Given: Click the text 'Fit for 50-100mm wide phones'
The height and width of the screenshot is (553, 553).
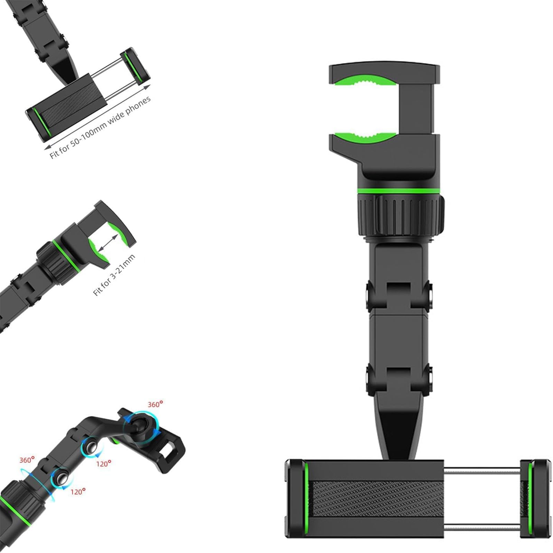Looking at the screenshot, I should coord(100,127).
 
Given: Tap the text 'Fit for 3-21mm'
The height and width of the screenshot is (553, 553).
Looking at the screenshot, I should coord(114,275).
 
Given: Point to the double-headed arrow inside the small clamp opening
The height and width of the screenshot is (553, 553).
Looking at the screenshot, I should coord(107,243).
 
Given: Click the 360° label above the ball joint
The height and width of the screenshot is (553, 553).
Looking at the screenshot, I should coord(155,404).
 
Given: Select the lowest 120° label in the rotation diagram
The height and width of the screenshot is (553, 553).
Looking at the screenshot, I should coord(78,491).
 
